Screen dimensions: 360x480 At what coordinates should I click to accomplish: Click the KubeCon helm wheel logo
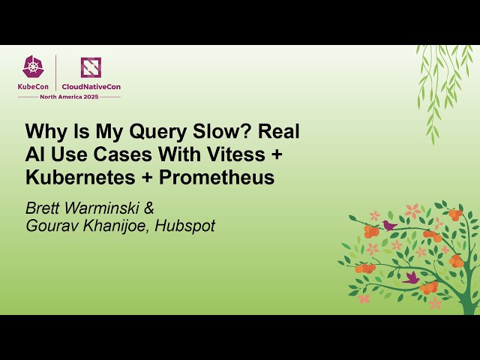coord(33,67)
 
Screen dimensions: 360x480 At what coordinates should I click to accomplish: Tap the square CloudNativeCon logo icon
coord(91,67)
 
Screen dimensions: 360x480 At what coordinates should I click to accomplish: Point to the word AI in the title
coord(35,155)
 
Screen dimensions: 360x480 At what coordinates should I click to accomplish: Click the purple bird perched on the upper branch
coord(389,224)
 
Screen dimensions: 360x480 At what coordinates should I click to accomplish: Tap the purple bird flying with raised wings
coord(411,277)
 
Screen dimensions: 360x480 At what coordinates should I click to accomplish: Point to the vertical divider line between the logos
coord(56,73)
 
